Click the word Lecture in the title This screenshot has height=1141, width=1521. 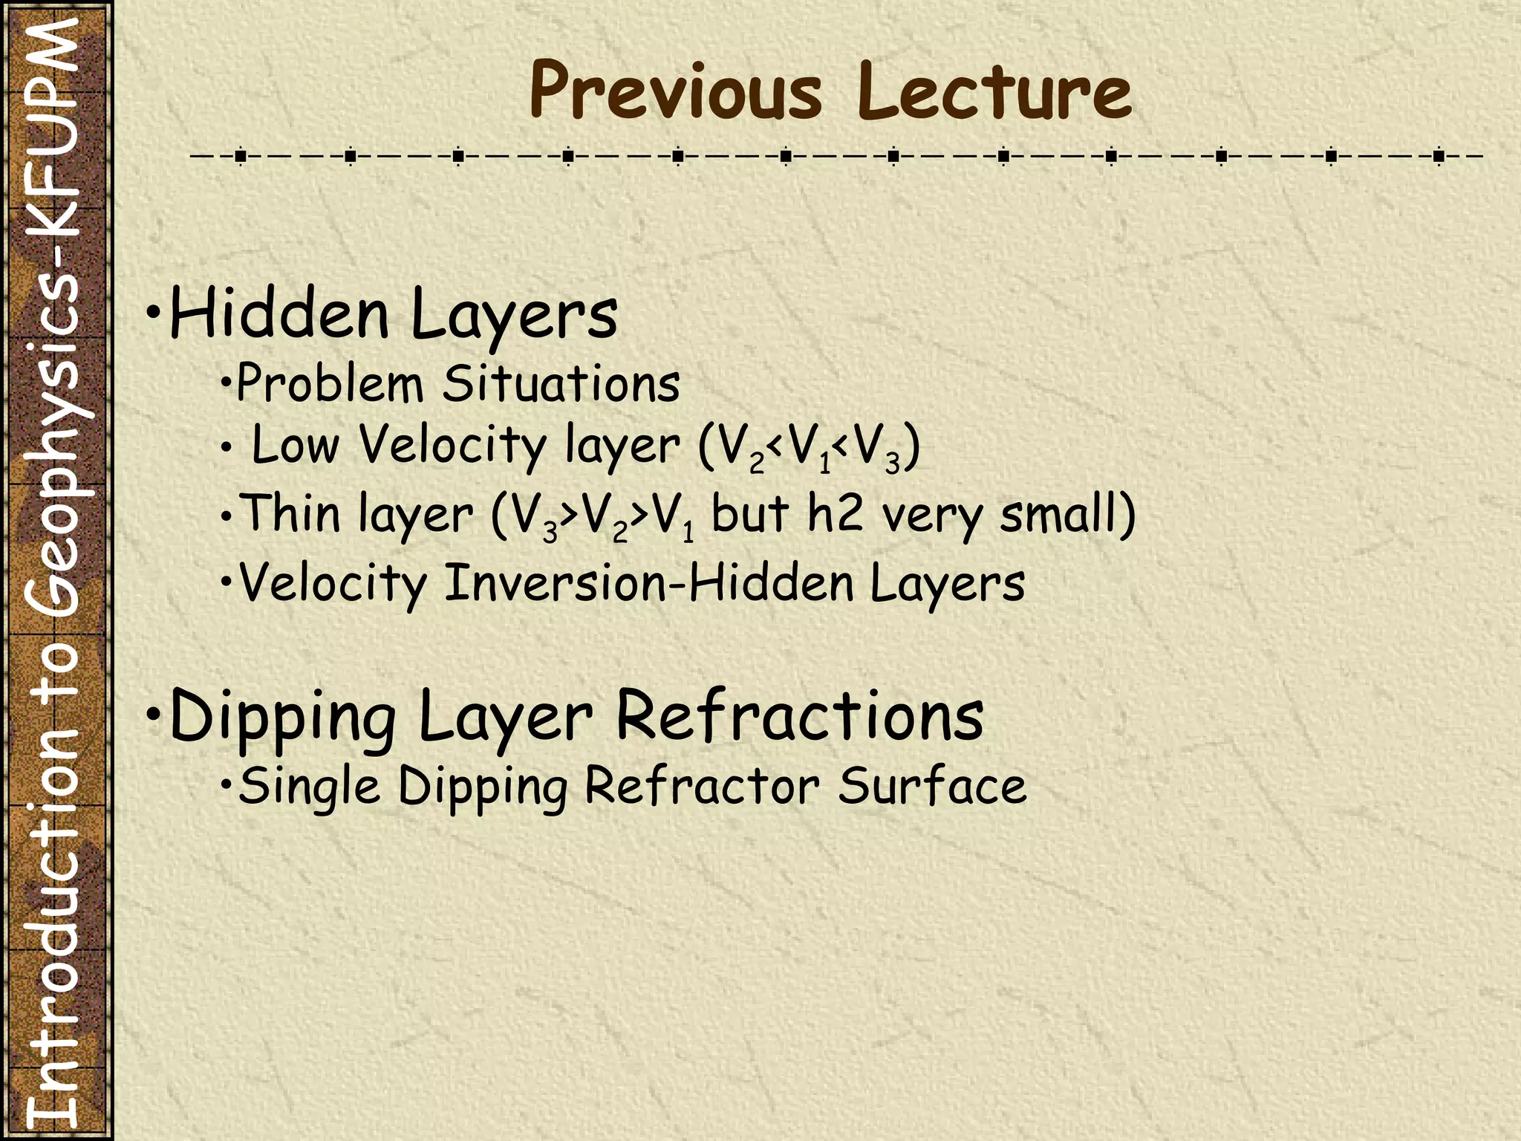point(994,91)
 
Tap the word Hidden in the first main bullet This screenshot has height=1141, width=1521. point(279,314)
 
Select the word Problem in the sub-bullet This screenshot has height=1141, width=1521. point(330,383)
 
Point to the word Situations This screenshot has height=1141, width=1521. point(561,383)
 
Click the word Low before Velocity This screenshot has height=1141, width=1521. point(296,445)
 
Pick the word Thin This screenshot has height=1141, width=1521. point(290,513)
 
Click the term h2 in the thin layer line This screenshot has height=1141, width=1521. point(836,513)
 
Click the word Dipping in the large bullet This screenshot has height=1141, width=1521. point(283,716)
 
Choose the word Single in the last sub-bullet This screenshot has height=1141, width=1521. point(309,786)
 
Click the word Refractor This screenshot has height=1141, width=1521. point(703,786)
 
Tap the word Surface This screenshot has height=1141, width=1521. point(932,786)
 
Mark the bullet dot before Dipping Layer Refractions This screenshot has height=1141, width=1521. point(153,714)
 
